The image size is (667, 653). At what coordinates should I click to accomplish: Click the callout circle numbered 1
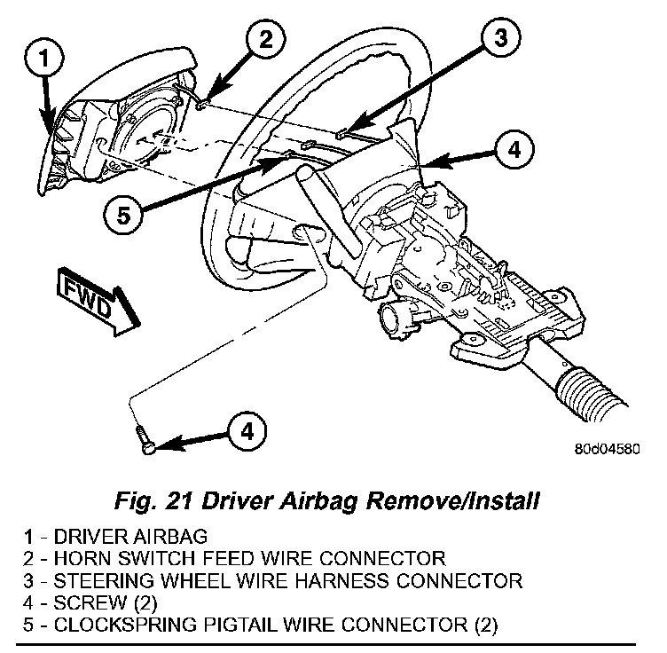[x=44, y=59]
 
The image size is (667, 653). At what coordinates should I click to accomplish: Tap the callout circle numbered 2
[x=266, y=39]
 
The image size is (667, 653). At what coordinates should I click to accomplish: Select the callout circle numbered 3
[x=501, y=37]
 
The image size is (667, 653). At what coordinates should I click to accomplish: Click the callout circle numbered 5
[x=123, y=215]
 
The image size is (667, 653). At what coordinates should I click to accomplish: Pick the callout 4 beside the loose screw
[x=247, y=431]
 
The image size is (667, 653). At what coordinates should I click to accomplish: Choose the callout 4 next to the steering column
[x=514, y=150]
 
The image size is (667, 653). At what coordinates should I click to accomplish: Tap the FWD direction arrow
[x=98, y=301]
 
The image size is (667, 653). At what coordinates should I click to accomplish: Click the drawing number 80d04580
[x=607, y=449]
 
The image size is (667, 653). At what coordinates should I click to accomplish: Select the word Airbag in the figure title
[x=318, y=500]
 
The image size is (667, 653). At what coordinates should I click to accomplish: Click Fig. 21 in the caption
[x=154, y=500]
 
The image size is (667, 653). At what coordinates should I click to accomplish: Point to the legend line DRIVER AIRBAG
[x=115, y=537]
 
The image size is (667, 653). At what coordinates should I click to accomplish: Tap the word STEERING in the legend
[x=104, y=580]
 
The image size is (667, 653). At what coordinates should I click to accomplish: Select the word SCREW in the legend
[x=90, y=602]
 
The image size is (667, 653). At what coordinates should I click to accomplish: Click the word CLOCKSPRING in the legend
[x=125, y=625]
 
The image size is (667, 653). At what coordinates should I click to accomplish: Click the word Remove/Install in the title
[x=453, y=500]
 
